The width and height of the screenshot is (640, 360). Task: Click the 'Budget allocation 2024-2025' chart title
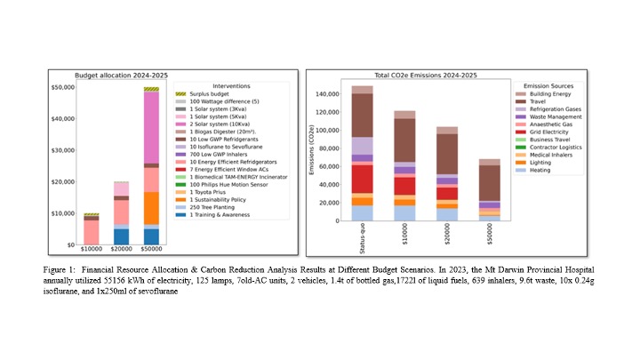(121, 75)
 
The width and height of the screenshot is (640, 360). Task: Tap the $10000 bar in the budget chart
(91, 230)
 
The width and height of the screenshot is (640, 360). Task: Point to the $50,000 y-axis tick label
(60, 88)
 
